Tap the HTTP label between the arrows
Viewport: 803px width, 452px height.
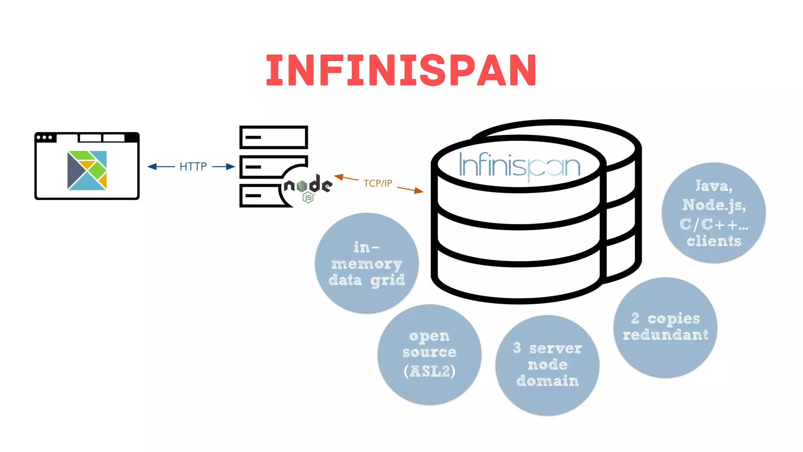coord(193,167)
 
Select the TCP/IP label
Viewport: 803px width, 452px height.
coord(377,183)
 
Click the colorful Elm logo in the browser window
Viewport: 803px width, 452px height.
coord(87,170)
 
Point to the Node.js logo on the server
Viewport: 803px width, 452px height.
coord(308,188)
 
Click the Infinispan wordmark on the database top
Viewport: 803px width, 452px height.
coord(519,166)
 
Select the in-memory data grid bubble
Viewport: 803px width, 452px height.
coord(367,263)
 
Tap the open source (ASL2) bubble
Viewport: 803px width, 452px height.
coord(429,354)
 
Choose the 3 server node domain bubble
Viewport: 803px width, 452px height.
coord(547,365)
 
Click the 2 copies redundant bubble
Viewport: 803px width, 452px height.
coord(665,327)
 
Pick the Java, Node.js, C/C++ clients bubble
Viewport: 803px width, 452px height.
coord(714,213)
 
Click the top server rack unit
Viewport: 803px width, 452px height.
coord(273,137)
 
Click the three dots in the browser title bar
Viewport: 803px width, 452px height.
coord(44,137)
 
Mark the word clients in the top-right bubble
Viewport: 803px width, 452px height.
coord(714,241)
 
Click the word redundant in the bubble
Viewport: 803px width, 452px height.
coord(665,335)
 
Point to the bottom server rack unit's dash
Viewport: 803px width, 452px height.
coord(253,195)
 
